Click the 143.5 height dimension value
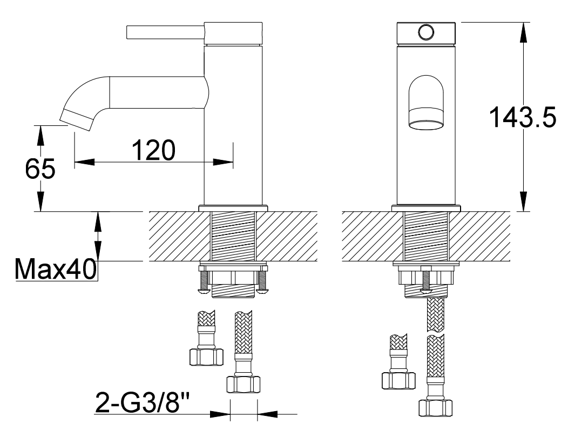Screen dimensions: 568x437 522,117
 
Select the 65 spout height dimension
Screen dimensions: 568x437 40,168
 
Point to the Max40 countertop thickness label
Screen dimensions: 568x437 56,268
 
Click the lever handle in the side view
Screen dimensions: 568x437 166,31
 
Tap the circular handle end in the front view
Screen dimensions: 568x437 426,32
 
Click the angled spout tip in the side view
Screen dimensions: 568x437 76,118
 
